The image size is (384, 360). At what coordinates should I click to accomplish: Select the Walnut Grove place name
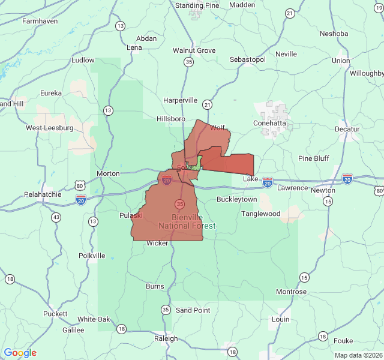[x=194, y=50]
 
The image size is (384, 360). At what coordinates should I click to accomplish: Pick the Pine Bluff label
[x=314, y=158]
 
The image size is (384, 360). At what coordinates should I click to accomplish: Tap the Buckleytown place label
[x=236, y=199]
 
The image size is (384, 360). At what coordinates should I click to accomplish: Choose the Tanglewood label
[x=261, y=214]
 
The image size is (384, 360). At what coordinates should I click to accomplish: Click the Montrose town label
[x=291, y=292]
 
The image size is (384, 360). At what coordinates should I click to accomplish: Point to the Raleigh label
[x=166, y=338]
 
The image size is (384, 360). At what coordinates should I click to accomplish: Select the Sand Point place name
[x=193, y=310]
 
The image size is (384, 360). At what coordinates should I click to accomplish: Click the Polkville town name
[x=92, y=256]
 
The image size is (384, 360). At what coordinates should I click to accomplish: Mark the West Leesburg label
[x=49, y=128]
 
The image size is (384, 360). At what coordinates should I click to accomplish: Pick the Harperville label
[x=180, y=100]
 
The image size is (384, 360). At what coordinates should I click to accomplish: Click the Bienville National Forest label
[x=187, y=221]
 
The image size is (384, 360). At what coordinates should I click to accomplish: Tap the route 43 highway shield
[x=56, y=217]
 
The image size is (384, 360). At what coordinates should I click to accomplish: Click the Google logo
[x=20, y=353]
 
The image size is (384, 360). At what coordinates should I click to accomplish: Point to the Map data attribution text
[x=358, y=355]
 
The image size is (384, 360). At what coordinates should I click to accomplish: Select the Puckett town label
[x=55, y=314]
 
